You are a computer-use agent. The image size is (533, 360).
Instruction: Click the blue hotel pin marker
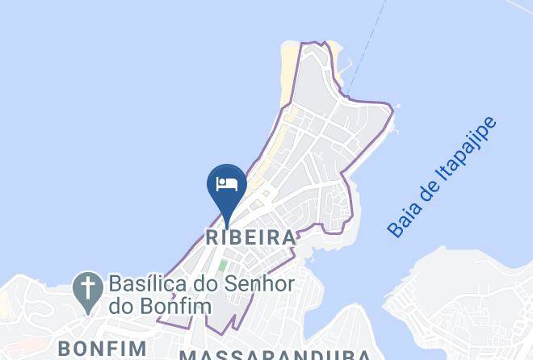tap(227, 187)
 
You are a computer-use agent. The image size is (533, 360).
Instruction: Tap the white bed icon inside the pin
tap(227, 183)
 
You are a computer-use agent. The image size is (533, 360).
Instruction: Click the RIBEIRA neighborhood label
tap(250, 238)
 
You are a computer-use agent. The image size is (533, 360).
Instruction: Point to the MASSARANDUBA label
tap(275, 354)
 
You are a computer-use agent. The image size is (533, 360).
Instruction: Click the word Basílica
tap(147, 285)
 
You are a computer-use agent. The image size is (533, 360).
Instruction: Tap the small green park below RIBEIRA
tap(222, 265)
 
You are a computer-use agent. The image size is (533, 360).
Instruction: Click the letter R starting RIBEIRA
tap(212, 238)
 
